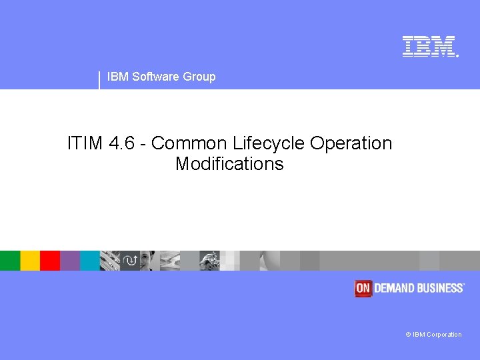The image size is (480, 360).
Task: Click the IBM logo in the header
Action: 429,46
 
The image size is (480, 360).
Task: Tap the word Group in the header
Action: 199,77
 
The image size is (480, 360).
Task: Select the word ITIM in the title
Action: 85,143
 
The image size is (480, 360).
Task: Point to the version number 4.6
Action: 121,143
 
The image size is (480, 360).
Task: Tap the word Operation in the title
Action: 351,143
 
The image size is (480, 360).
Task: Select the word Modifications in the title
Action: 229,164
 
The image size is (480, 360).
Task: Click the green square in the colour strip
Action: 10,261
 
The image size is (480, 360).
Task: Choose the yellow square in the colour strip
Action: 30,261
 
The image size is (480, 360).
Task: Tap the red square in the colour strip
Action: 50,261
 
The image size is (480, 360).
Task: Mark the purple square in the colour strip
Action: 70,261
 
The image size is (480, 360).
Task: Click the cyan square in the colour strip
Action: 90,261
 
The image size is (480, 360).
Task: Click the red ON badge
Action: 363,288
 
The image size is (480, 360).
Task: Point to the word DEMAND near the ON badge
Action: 396,288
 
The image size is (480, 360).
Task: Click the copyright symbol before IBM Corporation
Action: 408,335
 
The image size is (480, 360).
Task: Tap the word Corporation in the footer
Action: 444,335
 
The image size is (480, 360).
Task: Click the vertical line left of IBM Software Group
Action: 99,79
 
